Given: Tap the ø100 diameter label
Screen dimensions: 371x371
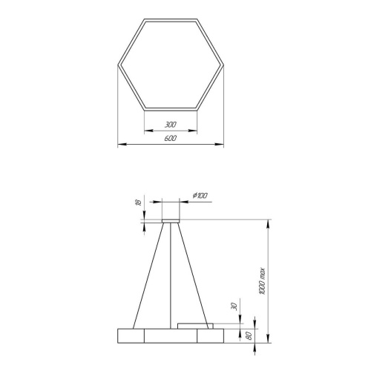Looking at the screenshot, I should tap(200, 195).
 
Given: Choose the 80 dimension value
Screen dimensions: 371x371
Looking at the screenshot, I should tap(249, 336).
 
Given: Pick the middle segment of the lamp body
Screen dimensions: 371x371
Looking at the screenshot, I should tap(171, 335).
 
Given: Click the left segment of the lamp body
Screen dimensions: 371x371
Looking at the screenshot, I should tap(131, 335).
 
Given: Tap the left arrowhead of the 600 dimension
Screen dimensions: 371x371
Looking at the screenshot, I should tap(121, 144).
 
